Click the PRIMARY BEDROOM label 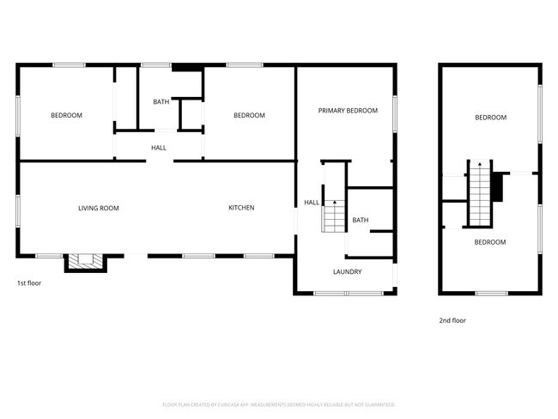(x=348, y=111)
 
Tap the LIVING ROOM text (x=98, y=208)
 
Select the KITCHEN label (x=240, y=208)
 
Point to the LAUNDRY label (x=347, y=272)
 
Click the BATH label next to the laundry (x=360, y=221)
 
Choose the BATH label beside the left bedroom (x=161, y=102)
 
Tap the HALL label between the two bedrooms (x=159, y=148)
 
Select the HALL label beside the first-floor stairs (x=311, y=203)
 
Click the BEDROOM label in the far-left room (x=66, y=115)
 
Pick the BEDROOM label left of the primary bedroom (x=249, y=115)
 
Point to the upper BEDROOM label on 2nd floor (x=490, y=118)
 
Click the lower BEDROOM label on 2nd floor (x=490, y=242)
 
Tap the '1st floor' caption (x=29, y=282)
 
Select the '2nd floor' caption (x=452, y=320)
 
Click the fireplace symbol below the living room (x=83, y=262)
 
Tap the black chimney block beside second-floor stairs (x=495, y=183)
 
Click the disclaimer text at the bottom (x=279, y=404)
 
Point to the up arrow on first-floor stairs (x=333, y=203)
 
